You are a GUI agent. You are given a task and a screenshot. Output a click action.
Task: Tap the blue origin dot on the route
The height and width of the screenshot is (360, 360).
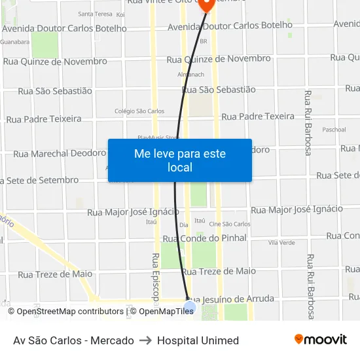click(x=190, y=306)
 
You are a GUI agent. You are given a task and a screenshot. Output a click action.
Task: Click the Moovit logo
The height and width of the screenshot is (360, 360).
click(x=321, y=340)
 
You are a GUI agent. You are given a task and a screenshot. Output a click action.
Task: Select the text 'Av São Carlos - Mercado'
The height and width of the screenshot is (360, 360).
click(x=73, y=340)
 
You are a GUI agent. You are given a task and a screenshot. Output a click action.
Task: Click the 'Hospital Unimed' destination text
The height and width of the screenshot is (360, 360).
click(x=198, y=340)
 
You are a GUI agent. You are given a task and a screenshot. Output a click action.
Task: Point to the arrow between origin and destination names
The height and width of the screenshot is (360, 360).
click(x=145, y=340)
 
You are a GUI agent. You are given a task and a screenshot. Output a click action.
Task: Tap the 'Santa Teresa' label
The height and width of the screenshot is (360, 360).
click(x=95, y=14)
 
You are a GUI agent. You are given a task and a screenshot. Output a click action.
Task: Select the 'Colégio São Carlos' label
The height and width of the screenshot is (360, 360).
click(x=139, y=111)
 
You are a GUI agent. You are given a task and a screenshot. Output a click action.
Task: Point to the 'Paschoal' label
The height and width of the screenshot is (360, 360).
click(x=334, y=130)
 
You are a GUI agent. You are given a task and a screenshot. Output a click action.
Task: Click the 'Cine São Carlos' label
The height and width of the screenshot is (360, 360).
click(x=229, y=224)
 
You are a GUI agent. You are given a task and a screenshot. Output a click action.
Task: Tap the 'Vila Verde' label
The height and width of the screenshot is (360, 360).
click(x=281, y=242)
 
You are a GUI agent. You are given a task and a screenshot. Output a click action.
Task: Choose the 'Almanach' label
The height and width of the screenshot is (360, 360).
click(x=191, y=75)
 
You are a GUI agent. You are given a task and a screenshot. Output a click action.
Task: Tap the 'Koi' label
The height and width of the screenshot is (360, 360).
click(x=120, y=14)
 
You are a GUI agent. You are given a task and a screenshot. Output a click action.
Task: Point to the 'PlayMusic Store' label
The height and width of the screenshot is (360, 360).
click(x=157, y=137)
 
